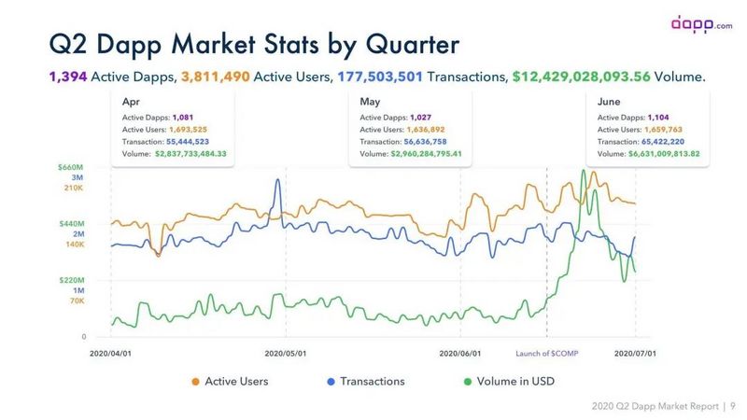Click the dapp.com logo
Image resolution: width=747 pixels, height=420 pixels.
[703, 23]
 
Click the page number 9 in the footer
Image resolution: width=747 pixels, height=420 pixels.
[732, 406]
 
